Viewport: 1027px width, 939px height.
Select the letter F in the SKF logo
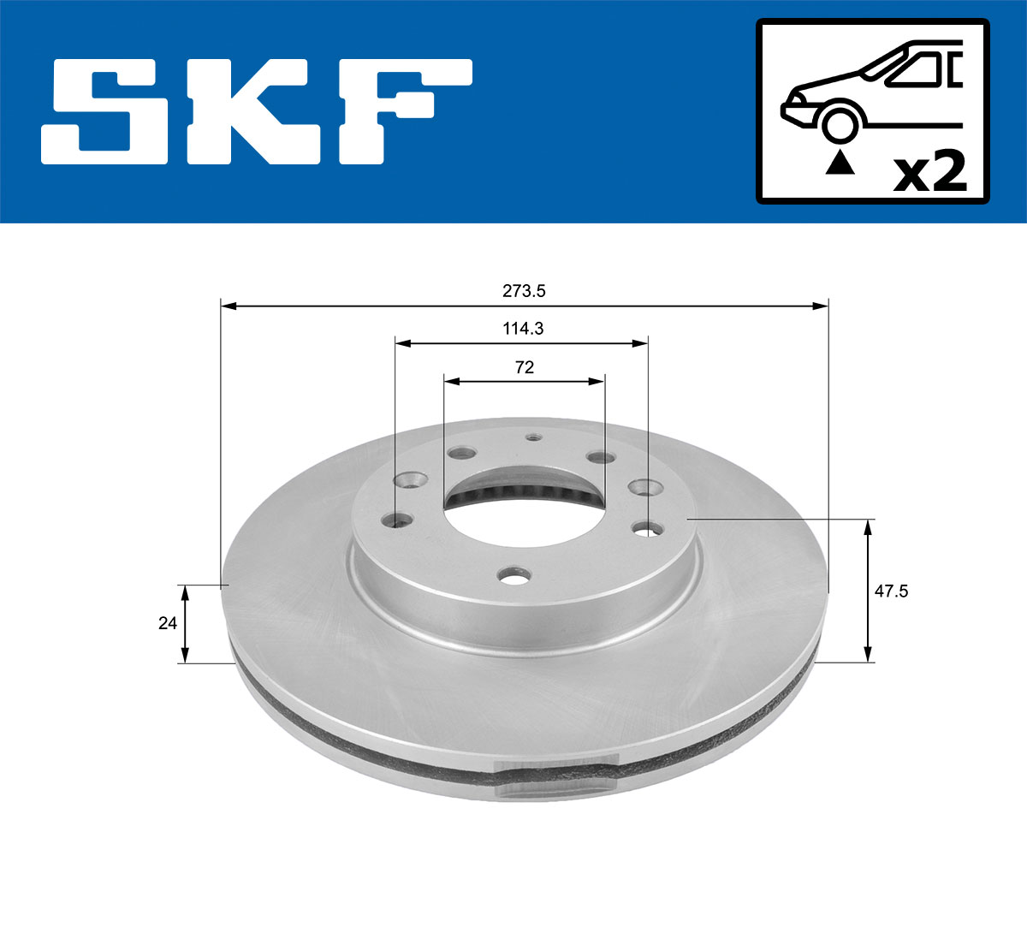click(x=402, y=111)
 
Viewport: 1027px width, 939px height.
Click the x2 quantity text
click(x=929, y=172)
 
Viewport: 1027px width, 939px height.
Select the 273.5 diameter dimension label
click(x=524, y=291)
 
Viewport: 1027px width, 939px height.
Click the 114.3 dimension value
click(x=522, y=328)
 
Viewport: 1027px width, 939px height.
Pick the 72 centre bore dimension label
click(x=525, y=367)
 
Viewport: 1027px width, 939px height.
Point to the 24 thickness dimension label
click(x=167, y=623)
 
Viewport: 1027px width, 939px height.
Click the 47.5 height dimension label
click(x=891, y=591)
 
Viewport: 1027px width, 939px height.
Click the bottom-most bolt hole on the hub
click(x=514, y=579)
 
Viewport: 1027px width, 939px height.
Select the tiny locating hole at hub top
click(x=533, y=437)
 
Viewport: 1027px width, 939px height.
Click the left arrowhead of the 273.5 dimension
click(x=227, y=305)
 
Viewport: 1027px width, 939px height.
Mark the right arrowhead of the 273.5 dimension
click(x=822, y=305)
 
